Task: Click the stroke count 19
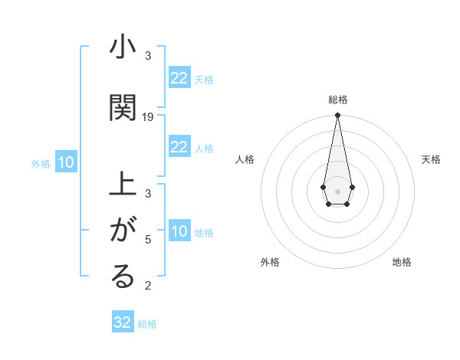tap(148, 116)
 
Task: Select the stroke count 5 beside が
tap(148, 240)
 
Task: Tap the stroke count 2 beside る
tap(148, 286)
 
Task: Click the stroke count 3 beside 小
tap(148, 56)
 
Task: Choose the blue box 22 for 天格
tap(179, 78)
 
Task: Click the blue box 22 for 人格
tap(179, 147)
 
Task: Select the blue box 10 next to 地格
tap(179, 231)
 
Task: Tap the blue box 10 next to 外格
tap(66, 162)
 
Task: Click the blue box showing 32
tap(123, 322)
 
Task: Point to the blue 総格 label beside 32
tap(147, 324)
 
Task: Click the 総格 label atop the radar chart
tap(337, 100)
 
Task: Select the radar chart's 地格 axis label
tap(402, 262)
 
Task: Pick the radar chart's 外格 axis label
tap(270, 262)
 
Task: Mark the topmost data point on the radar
tap(337, 116)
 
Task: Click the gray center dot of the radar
tap(337, 190)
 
